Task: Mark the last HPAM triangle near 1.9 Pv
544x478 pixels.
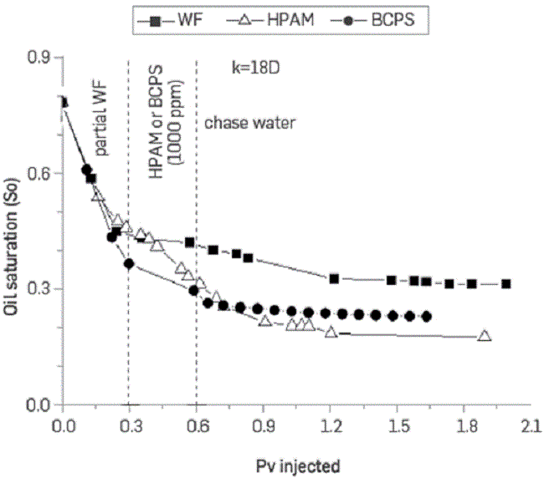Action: click(x=484, y=336)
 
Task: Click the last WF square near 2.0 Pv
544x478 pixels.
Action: click(x=506, y=284)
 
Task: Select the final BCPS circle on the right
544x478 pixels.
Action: click(x=427, y=317)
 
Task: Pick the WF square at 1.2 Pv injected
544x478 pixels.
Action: click(x=334, y=278)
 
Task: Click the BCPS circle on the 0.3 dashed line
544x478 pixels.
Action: click(x=129, y=264)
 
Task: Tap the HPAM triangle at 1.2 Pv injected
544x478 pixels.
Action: click(x=331, y=333)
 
